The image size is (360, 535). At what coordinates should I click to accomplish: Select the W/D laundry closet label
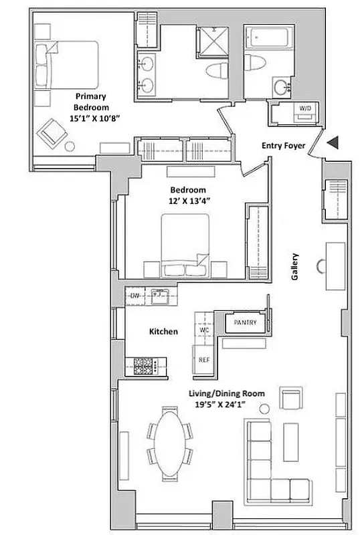[304, 108]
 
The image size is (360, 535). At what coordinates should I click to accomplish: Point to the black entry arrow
[333, 142]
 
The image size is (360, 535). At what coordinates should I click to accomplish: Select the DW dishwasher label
[134, 295]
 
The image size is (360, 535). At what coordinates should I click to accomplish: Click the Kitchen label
[163, 331]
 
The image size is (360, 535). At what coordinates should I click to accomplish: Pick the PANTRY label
[241, 323]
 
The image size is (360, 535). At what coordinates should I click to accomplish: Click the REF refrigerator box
[204, 359]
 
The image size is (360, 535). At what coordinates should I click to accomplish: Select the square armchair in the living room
[290, 399]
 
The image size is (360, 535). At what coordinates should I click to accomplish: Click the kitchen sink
[159, 294]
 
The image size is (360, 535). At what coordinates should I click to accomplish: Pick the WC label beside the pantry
[205, 330]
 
